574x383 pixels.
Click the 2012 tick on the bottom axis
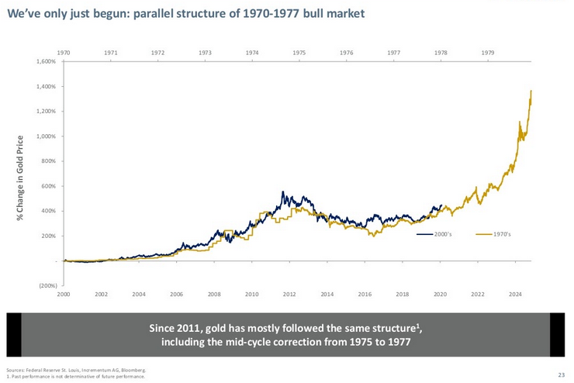pyautogui.click(x=289, y=295)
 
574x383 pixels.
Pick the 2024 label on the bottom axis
pyautogui.click(x=514, y=295)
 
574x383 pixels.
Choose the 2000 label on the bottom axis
pyautogui.click(x=64, y=295)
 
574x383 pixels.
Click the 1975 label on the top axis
pyautogui.click(x=299, y=52)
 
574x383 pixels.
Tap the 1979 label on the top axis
pyautogui.click(x=487, y=52)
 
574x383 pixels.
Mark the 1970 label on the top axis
pyautogui.click(x=64, y=52)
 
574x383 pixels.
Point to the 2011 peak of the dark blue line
pyautogui.click(x=283, y=192)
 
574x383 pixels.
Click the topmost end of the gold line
pyautogui.click(x=531, y=91)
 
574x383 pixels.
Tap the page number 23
pyautogui.click(x=561, y=374)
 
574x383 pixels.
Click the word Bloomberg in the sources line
pyautogui.click(x=134, y=371)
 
